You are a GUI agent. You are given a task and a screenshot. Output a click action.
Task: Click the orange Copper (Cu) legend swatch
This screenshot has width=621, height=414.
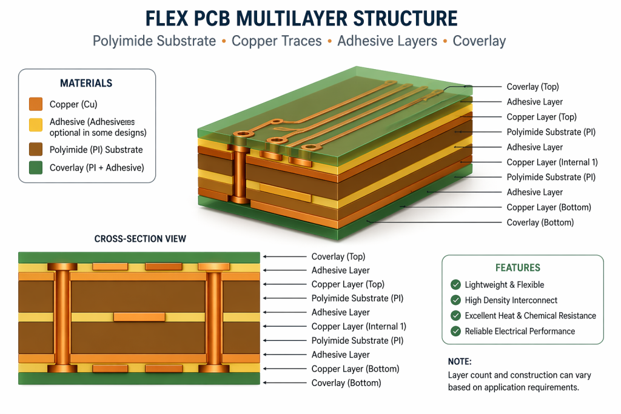tap(36, 104)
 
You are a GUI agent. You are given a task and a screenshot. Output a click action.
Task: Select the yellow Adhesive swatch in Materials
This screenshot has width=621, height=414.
tap(36, 125)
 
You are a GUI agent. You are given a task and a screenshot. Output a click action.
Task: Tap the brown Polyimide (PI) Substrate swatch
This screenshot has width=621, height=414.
tap(36, 150)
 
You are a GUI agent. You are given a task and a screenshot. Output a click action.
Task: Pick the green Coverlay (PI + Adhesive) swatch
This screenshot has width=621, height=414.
tap(36, 168)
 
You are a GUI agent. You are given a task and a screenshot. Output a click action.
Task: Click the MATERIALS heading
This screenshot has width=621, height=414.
tap(86, 83)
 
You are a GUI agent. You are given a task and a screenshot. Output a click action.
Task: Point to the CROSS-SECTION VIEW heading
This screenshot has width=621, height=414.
tap(140, 239)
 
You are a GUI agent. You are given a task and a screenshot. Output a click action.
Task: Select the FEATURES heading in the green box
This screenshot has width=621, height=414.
tap(517, 267)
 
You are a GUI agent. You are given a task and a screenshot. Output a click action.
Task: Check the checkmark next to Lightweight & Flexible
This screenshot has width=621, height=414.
tap(455, 285)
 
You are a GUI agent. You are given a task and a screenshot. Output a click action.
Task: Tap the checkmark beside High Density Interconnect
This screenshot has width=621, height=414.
tap(455, 300)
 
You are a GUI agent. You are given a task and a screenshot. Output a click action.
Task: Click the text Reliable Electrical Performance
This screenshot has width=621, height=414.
tap(520, 331)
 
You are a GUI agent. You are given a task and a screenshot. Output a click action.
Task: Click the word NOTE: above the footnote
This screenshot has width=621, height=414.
tap(459, 361)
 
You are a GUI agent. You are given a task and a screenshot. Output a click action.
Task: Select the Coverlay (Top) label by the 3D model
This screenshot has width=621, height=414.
tap(532, 87)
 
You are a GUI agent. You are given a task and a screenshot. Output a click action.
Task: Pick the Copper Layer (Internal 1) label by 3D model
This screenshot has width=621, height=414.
tap(552, 162)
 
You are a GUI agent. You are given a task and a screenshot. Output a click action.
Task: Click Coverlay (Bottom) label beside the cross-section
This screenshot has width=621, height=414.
tap(346, 382)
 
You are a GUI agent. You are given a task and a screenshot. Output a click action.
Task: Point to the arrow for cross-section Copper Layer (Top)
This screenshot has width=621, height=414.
tap(285, 284)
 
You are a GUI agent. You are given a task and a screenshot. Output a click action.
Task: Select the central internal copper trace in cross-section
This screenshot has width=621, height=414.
tap(139, 316)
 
